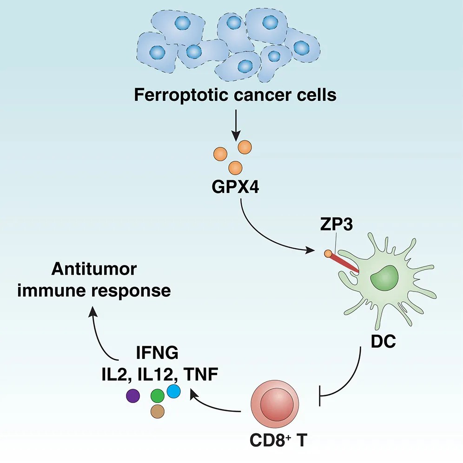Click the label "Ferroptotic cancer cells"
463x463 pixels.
(x=235, y=95)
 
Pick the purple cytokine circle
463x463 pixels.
(x=133, y=396)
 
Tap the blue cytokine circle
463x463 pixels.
(x=173, y=391)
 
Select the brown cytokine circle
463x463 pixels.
(x=158, y=411)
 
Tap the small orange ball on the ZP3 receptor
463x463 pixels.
(x=328, y=254)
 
